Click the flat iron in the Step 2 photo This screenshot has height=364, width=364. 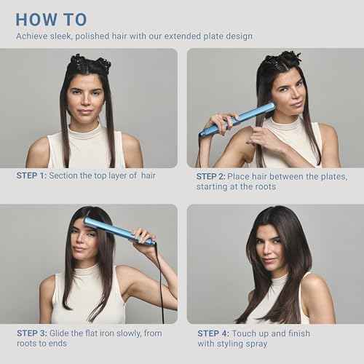click(237, 119)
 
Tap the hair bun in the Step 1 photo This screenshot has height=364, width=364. click(90, 63)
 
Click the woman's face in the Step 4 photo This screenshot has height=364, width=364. click(272, 247)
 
